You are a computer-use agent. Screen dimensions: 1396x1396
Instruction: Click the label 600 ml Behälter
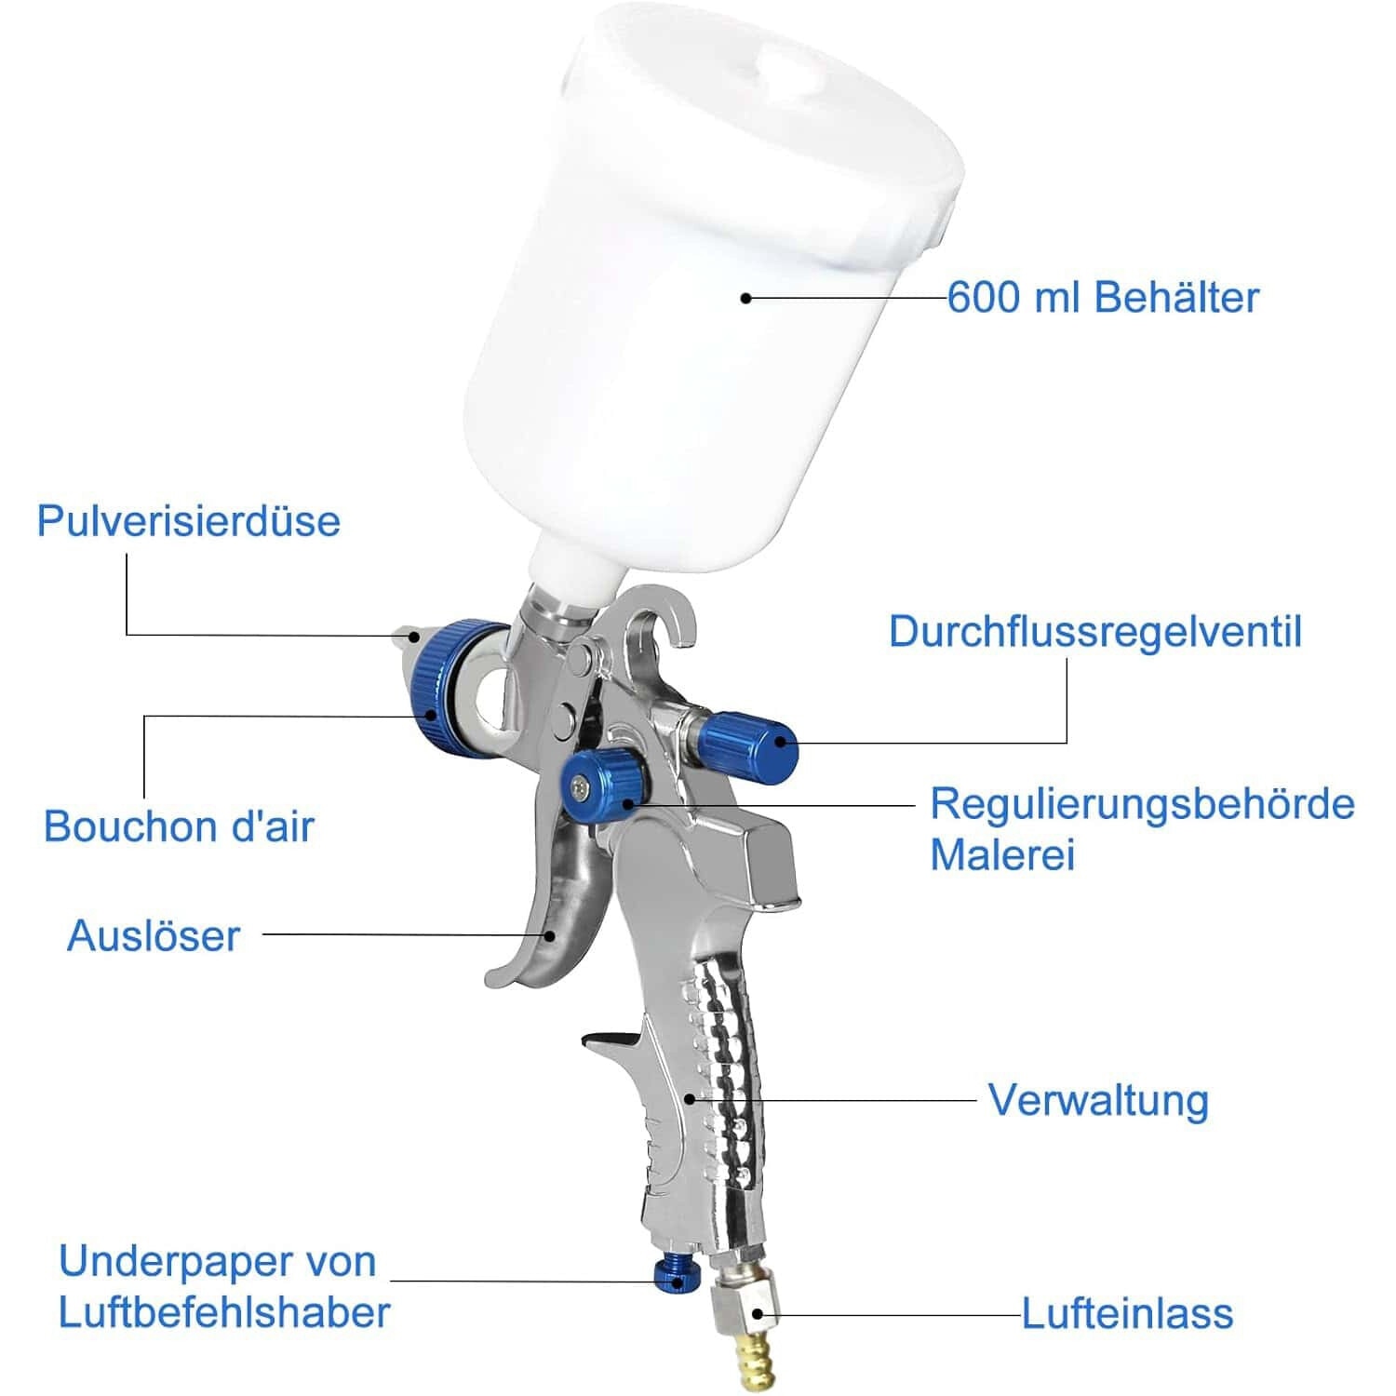1103,298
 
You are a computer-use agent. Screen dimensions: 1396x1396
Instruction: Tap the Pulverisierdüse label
189,520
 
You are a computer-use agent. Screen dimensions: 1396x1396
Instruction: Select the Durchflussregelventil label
1095,631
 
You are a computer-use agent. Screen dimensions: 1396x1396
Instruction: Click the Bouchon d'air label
179,826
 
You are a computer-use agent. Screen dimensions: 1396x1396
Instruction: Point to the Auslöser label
154,935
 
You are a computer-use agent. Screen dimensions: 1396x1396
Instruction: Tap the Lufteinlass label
1128,1313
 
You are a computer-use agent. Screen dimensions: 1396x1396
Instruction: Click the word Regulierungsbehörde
1143,804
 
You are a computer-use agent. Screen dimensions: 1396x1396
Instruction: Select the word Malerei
1002,854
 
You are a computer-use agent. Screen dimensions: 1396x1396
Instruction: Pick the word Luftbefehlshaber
224,1312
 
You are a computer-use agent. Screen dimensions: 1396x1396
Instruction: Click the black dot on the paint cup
745,298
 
